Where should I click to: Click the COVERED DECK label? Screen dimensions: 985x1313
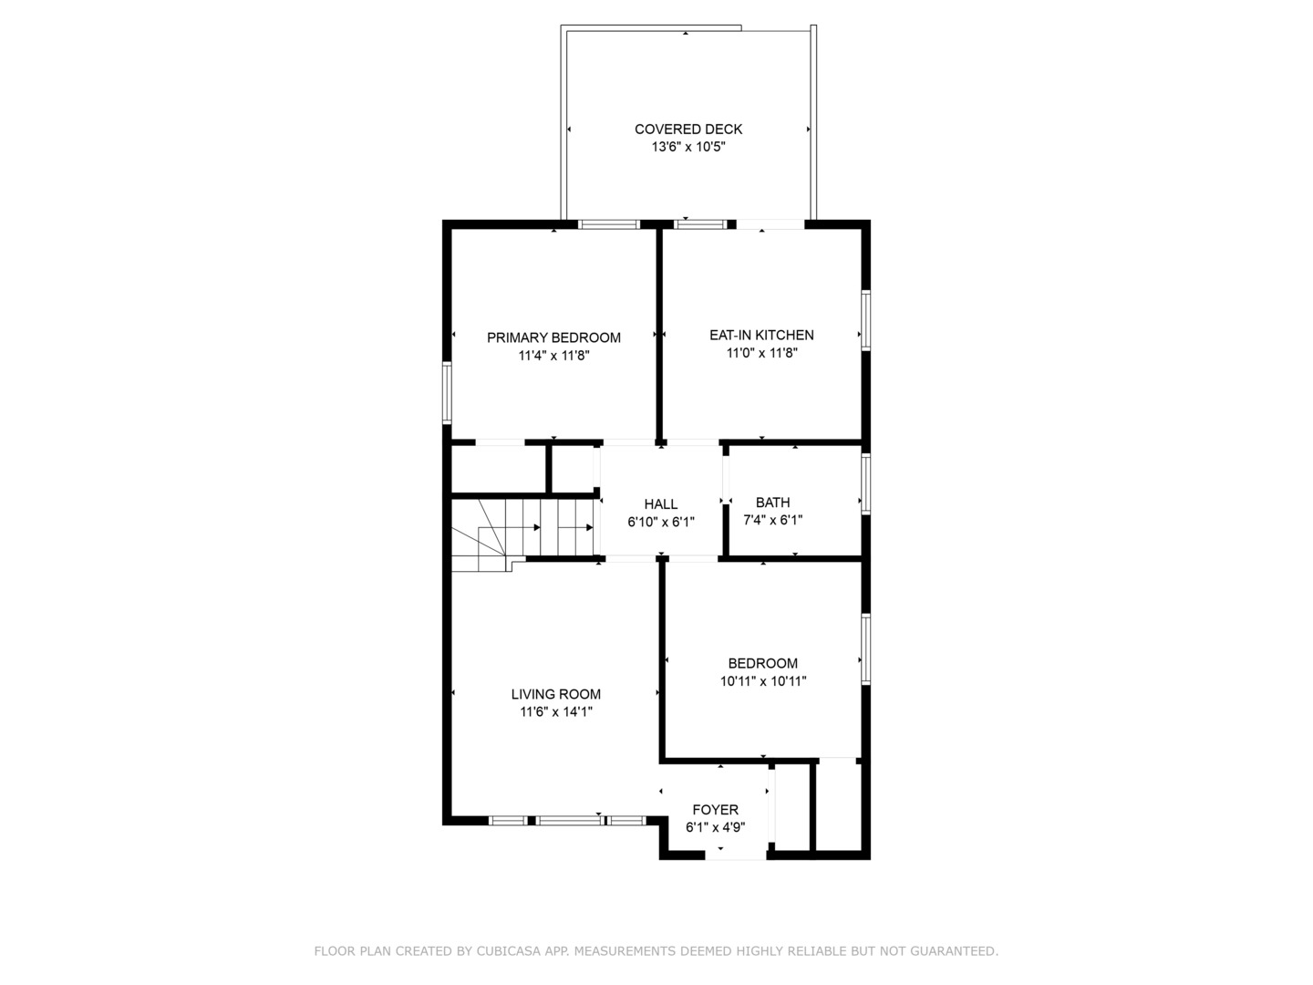[x=688, y=130]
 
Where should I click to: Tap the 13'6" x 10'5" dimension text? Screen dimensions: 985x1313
[x=688, y=147]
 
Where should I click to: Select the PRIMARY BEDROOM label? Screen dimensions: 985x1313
[x=553, y=337]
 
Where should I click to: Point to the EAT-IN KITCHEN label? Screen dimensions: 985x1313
[x=761, y=335]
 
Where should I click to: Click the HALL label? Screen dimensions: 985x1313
[x=661, y=504]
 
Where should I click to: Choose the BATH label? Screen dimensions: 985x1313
[x=772, y=503]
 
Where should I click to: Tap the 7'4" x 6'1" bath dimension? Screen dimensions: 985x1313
[x=772, y=521]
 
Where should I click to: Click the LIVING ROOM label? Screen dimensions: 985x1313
[x=555, y=694]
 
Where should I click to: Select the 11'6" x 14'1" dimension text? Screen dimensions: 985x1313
[x=555, y=712]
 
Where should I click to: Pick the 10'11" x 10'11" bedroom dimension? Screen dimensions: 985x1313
[x=763, y=681]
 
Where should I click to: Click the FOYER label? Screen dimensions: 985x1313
[x=716, y=810]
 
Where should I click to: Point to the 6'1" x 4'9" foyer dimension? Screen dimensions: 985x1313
[x=716, y=828]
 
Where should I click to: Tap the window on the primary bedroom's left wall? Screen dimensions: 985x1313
[x=447, y=393]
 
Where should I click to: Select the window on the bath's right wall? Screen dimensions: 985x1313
[x=866, y=483]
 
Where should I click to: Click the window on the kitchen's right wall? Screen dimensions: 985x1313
[x=866, y=320]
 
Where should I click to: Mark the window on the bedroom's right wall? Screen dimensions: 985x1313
[x=866, y=648]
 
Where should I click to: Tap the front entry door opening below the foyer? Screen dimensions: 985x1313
[x=736, y=855]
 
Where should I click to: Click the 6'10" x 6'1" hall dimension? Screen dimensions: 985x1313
[x=661, y=523]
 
